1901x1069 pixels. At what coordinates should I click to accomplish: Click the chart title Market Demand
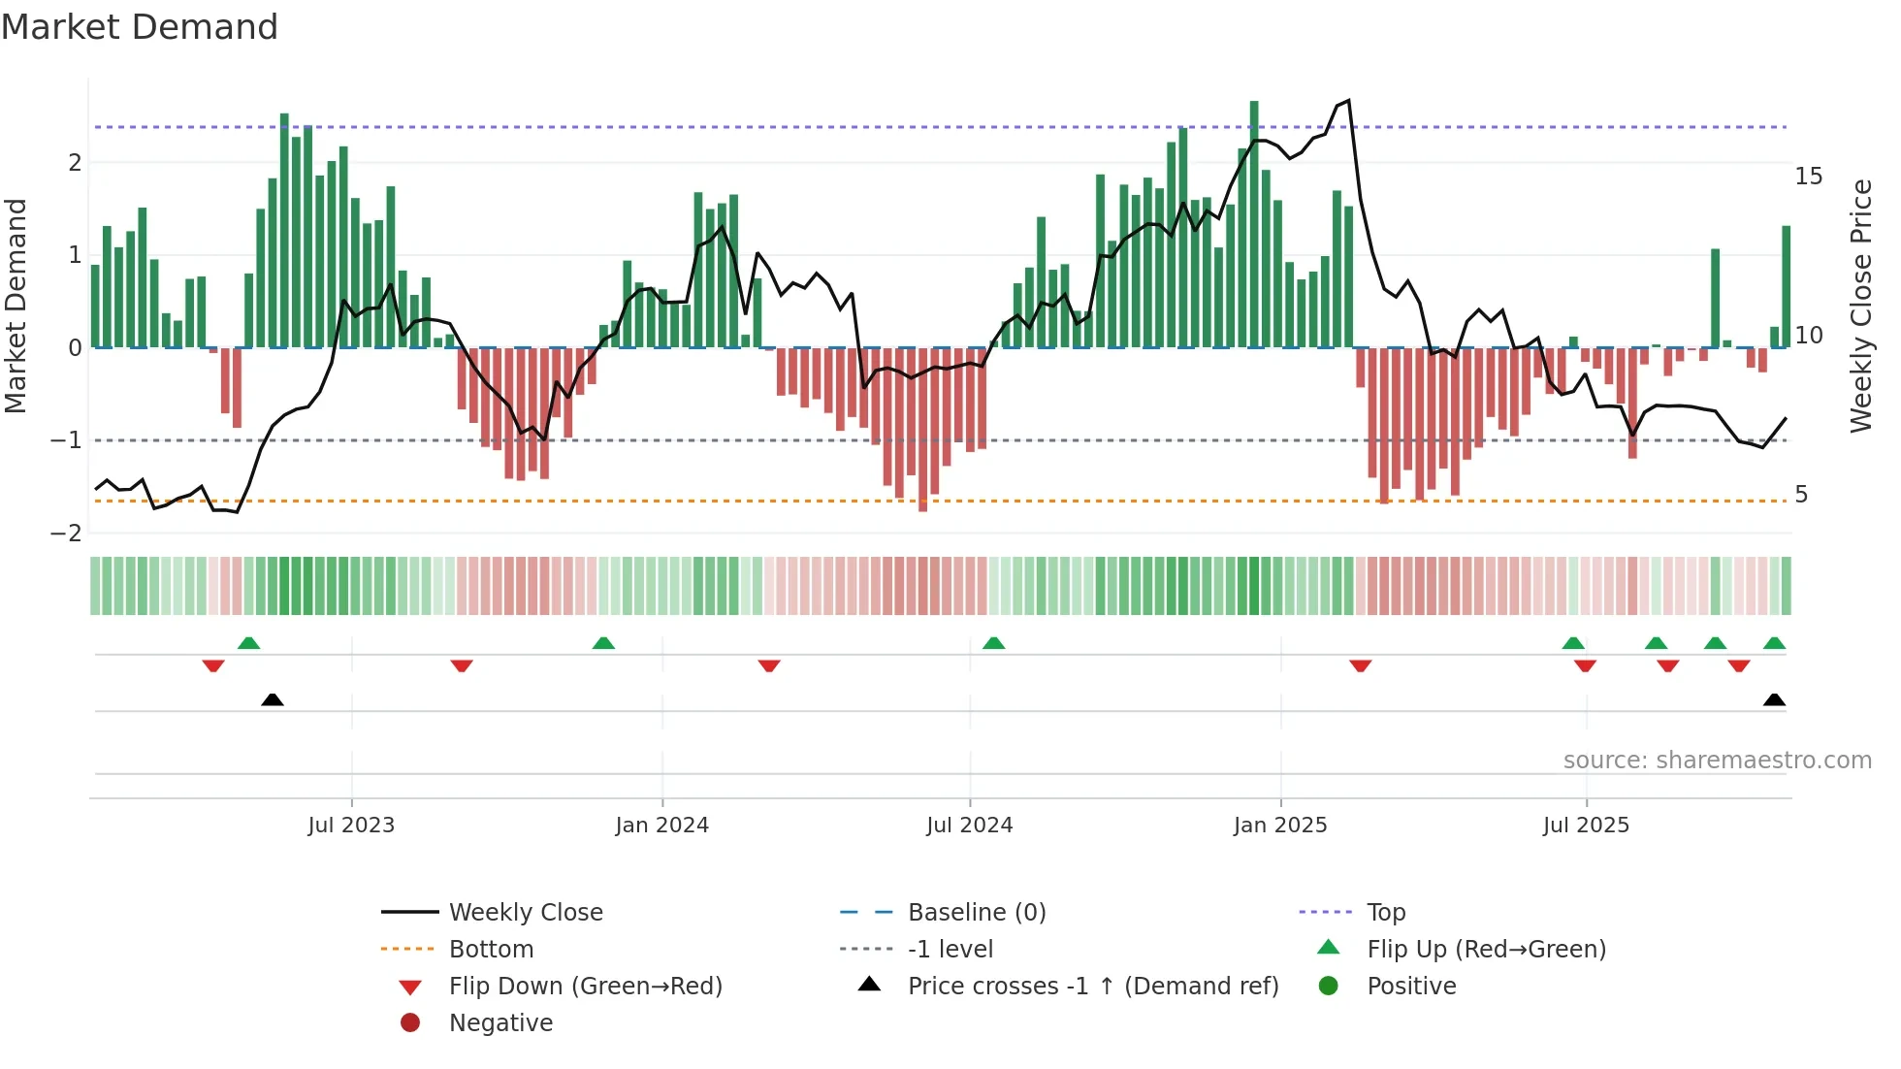(140, 27)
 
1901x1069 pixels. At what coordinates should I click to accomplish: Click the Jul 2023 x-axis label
(351, 826)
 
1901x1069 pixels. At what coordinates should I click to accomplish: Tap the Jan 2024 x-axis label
(662, 826)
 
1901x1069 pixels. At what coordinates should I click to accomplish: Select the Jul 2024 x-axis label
(969, 826)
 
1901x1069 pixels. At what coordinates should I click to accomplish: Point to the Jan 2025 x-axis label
(1280, 826)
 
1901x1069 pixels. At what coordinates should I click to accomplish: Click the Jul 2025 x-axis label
(1586, 826)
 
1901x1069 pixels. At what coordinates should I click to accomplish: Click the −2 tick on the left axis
(66, 534)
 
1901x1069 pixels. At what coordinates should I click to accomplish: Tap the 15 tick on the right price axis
(1808, 177)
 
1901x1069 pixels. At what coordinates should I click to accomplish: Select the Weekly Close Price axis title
(1860, 307)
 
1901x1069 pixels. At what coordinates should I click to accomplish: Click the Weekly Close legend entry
(525, 913)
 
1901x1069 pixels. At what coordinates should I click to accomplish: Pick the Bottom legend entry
(491, 950)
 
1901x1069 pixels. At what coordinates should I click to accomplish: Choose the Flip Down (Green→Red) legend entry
(585, 987)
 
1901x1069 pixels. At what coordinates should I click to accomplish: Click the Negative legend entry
(500, 1023)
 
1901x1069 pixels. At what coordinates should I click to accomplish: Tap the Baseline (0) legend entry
(976, 913)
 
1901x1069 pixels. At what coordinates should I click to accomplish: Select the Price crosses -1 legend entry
(1092, 987)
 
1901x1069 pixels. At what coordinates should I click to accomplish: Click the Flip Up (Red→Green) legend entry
(1486, 950)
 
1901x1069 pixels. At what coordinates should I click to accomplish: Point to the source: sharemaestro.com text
(1717, 761)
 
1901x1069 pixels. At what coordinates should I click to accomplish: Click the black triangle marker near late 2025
(1774, 700)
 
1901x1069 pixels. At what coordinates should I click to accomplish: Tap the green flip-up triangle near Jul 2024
(993, 643)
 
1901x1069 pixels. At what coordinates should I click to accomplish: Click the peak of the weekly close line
(1348, 101)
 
